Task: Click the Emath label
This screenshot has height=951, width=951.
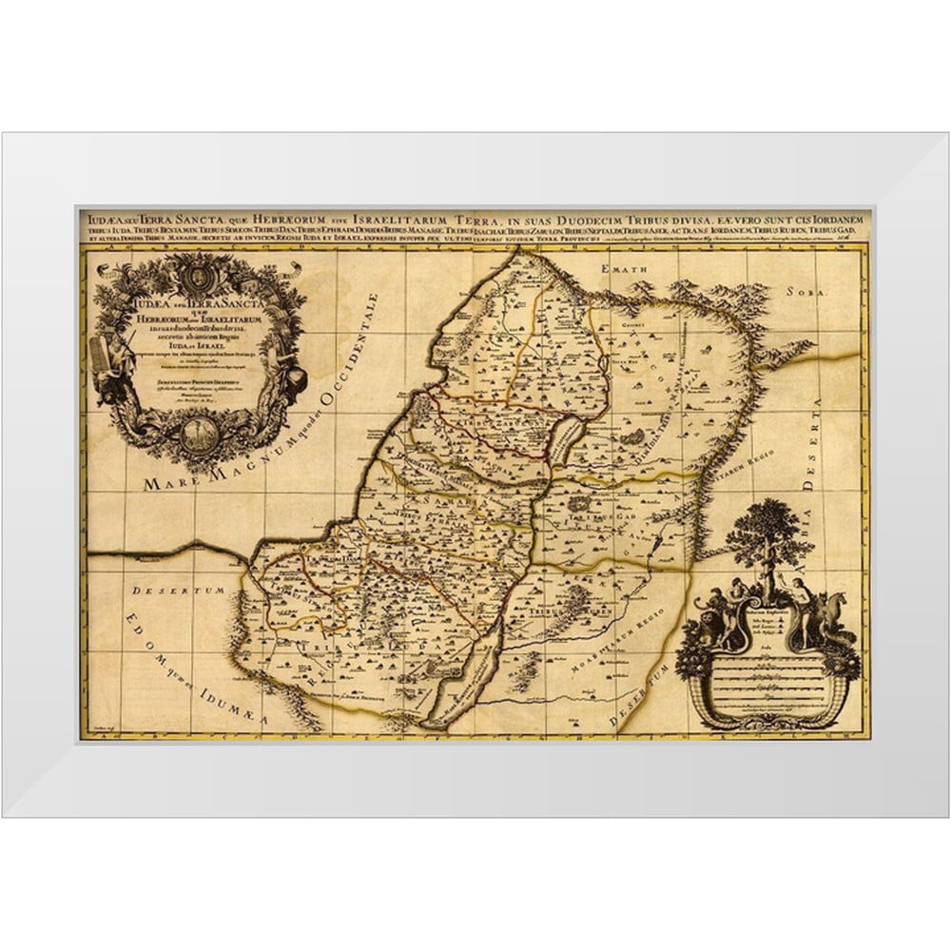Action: click(626, 270)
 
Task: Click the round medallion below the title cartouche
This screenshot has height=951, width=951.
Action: click(199, 434)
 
